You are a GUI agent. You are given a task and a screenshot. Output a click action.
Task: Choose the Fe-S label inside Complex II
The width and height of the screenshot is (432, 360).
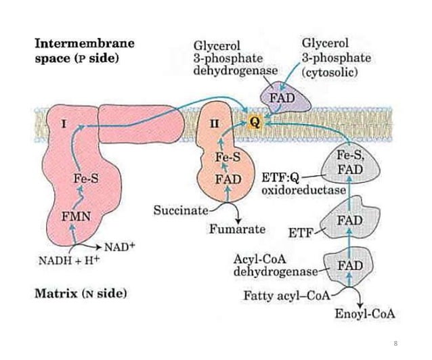pyautogui.click(x=228, y=158)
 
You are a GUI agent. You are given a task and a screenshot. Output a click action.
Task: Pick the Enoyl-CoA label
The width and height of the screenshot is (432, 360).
pyautogui.click(x=365, y=315)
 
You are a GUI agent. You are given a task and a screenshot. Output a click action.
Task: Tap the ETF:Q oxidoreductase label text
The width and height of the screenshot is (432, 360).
pyautogui.click(x=303, y=185)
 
